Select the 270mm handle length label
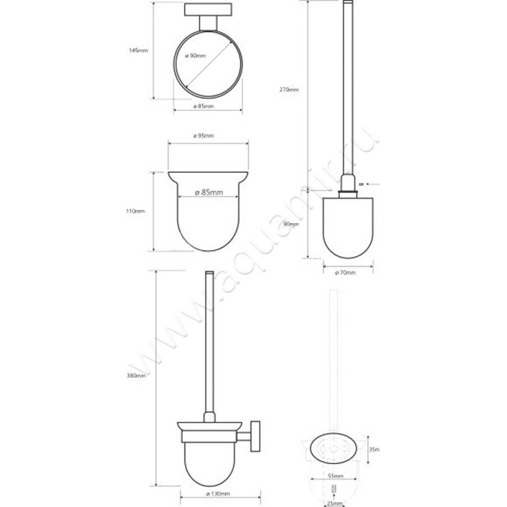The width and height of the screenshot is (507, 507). coord(289,90)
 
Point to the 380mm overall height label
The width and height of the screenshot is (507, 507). coord(136,375)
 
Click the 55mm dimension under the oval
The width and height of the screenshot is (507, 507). coord(336,475)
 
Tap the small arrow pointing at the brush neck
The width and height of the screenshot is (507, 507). coord(371,184)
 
